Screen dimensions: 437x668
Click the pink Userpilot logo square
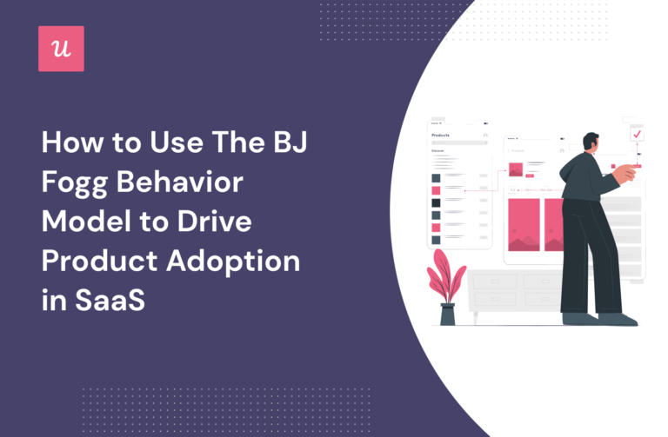[61, 48]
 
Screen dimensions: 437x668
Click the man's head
[591, 142]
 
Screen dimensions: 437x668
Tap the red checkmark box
[638, 135]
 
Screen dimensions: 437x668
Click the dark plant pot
[447, 314]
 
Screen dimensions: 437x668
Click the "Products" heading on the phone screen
[443, 136]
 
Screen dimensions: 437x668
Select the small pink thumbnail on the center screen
[516, 169]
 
